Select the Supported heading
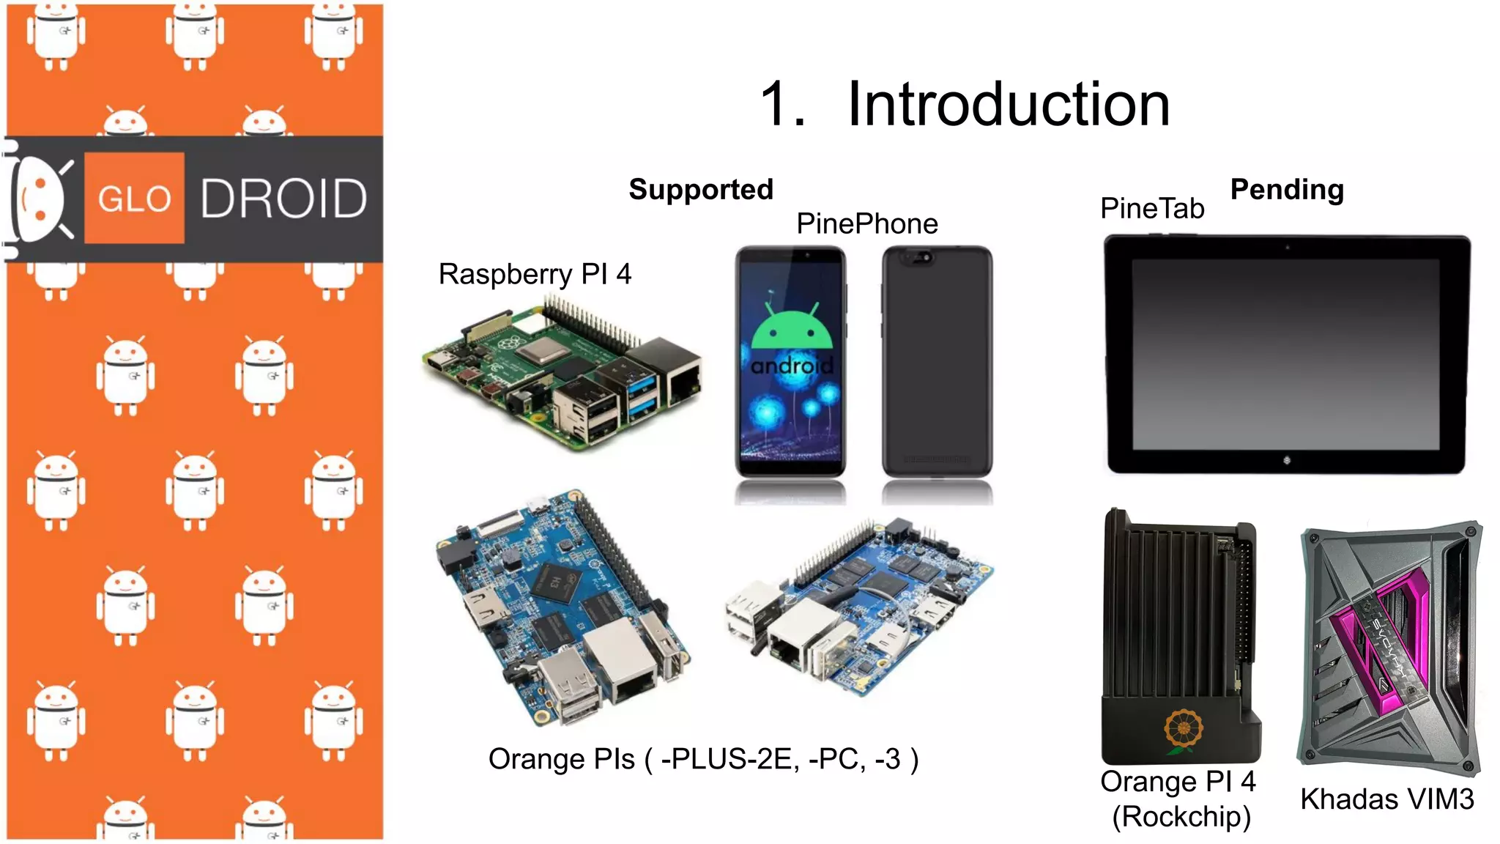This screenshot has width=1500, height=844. click(x=701, y=190)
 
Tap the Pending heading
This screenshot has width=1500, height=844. click(x=1287, y=190)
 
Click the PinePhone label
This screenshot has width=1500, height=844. click(x=867, y=224)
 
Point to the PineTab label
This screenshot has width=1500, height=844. click(x=1152, y=209)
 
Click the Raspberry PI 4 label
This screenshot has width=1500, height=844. click(x=535, y=275)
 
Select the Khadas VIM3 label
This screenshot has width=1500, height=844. click(x=1386, y=799)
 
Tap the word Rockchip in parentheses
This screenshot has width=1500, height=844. click(x=1181, y=817)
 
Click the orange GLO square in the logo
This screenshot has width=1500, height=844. click(x=134, y=198)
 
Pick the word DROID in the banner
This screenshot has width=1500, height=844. click(x=283, y=199)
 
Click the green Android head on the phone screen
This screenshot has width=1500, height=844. click(x=792, y=328)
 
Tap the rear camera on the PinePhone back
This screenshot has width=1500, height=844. click(x=920, y=257)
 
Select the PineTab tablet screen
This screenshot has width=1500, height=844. click(x=1285, y=353)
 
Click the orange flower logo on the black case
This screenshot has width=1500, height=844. click(x=1183, y=730)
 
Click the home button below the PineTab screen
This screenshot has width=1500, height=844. click(x=1287, y=460)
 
